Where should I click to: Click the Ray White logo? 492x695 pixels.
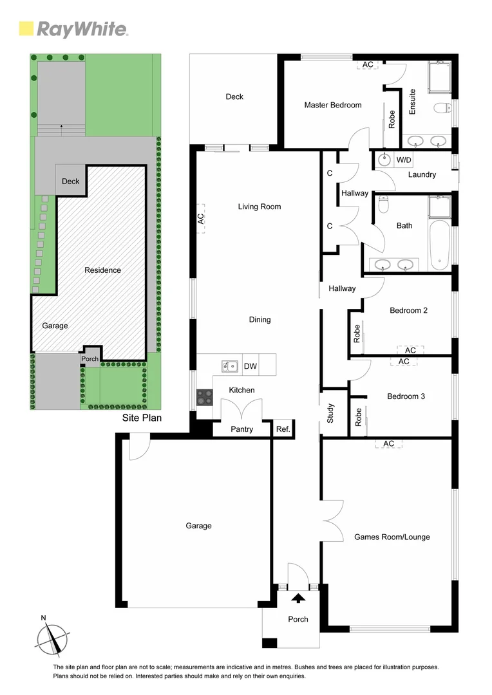coord(73,29)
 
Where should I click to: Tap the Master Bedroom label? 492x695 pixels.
coord(333,105)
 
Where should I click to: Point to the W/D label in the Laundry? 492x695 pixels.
coord(404,160)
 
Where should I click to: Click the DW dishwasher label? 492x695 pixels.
coord(251,367)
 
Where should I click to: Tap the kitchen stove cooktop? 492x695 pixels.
coord(205,398)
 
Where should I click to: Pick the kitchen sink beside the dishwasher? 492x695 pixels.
coord(229,367)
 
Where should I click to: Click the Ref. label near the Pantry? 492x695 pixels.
coord(283,429)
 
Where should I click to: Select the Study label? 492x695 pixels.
coord(330,412)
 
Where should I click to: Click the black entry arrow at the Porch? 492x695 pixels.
coord(298,598)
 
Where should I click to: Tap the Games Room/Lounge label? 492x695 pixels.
coord(392,537)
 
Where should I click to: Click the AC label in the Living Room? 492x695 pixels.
coord(200,218)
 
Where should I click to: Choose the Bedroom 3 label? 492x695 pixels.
coord(406,396)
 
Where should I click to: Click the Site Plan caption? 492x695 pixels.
coord(142,418)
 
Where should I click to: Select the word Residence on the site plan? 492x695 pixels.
coord(102,270)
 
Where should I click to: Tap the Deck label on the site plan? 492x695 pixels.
coord(70,181)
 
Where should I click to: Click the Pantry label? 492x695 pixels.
coord(241,429)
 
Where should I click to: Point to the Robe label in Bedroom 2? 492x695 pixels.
coord(357,333)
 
